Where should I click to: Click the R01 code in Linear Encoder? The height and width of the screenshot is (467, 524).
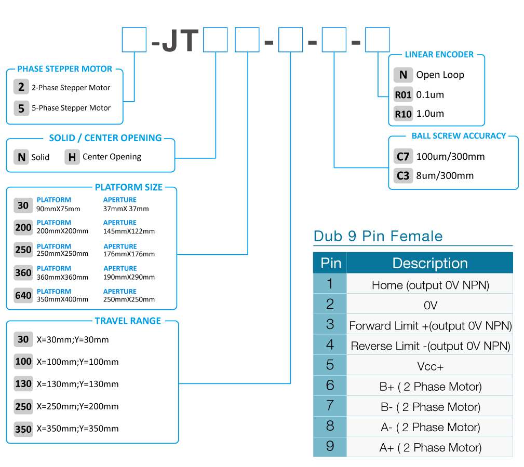coord(403,95)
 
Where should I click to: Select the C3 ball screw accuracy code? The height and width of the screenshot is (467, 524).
coord(403,175)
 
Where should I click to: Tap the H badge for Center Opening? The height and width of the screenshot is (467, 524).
coord(72,157)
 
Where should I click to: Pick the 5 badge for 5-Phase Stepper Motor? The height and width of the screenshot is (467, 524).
coord(21,108)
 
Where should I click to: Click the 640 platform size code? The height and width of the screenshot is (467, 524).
coord(23,295)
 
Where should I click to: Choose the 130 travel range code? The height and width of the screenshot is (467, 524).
coord(23,384)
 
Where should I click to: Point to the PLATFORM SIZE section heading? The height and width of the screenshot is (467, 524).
coord(129,187)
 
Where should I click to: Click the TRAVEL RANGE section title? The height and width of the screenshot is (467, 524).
coord(128,321)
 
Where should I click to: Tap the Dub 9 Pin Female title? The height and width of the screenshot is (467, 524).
coord(378,236)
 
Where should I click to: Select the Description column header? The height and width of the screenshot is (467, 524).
coord(430,263)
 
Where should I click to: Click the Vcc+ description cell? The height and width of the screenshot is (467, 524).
coord(430,366)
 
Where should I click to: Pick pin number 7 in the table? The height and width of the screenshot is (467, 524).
coord(330,406)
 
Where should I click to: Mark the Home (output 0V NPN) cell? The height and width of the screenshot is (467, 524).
coord(430,285)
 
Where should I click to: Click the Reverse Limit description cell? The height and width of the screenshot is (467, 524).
coord(430,346)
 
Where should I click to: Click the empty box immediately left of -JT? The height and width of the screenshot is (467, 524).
coord(134,40)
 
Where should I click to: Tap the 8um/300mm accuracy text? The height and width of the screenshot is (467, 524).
coord(445,175)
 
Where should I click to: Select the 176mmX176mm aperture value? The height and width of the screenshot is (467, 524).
coord(129,254)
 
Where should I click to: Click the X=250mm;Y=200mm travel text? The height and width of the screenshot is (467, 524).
coord(77,407)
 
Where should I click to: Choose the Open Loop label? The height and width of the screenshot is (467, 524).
coord(440,75)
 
